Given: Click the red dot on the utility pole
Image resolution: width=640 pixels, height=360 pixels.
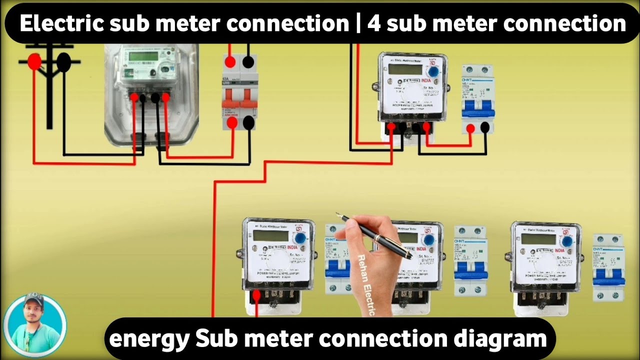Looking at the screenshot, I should point(34,62).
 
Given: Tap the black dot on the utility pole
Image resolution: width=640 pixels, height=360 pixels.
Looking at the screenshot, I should point(63,62).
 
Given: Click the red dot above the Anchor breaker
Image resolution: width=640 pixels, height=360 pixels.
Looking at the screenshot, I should point(230,62).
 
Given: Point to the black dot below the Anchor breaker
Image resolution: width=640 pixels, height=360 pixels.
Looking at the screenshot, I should point(248,122).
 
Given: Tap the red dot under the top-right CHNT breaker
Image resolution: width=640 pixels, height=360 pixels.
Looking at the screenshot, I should point(470,128).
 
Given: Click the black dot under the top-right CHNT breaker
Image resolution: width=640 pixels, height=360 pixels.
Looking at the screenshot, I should point(484,128).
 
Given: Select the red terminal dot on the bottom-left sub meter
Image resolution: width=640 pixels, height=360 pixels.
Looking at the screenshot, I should point(256,295).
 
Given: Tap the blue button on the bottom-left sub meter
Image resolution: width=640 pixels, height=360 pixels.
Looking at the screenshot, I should point(300,238).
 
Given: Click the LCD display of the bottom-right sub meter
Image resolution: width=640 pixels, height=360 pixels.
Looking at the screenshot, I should point(538,239).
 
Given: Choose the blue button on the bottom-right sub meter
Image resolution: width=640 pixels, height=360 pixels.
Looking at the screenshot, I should point(567,241).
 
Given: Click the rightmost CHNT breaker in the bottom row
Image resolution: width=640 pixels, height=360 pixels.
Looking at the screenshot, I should point(608,267).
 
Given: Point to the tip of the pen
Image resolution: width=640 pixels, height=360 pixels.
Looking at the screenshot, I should point(338,215).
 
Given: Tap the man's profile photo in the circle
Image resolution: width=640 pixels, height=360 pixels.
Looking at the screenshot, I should point(34,324).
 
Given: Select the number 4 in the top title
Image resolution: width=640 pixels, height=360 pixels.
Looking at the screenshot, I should point(373,23).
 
